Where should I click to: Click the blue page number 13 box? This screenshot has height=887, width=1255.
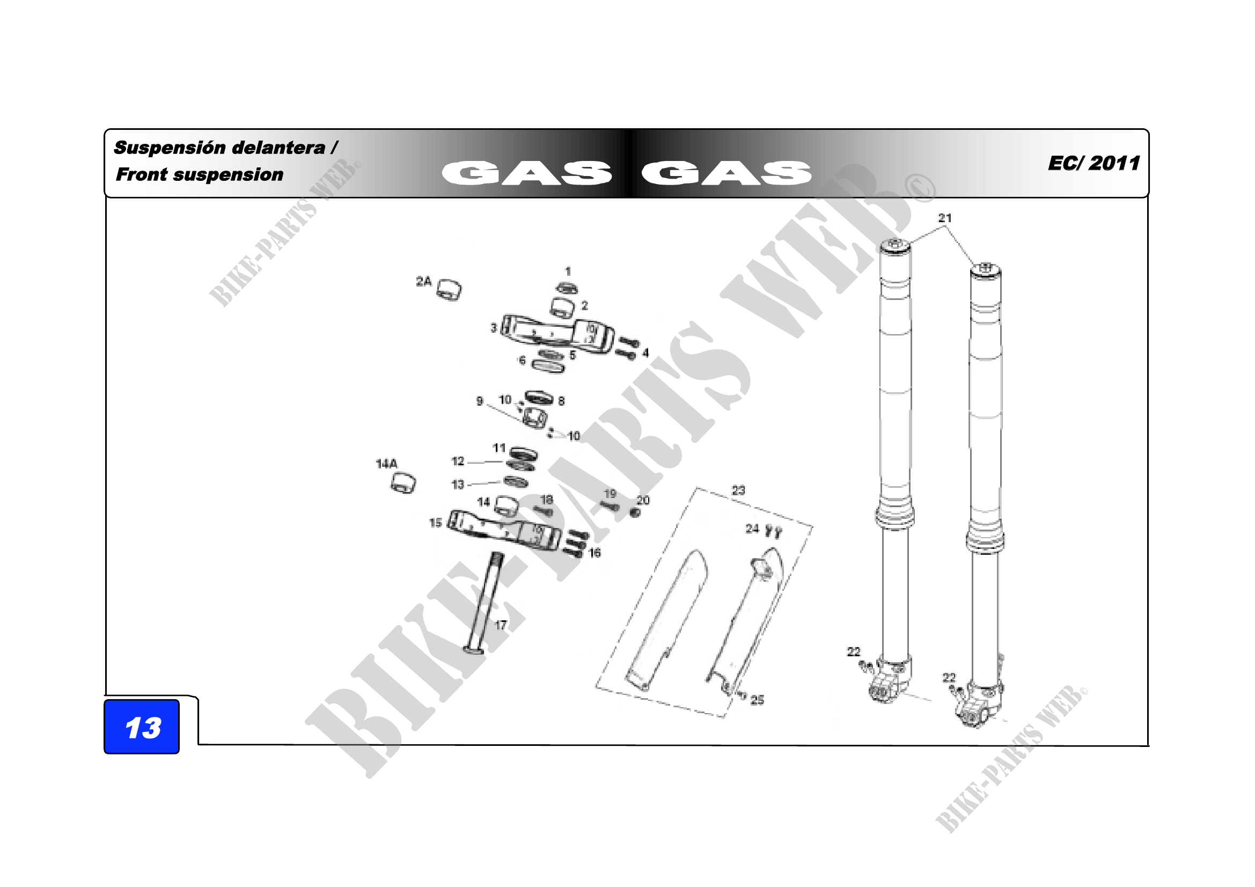click(x=142, y=727)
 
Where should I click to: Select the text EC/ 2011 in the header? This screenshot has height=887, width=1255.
click(x=1093, y=163)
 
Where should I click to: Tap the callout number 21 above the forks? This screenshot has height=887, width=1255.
click(x=945, y=218)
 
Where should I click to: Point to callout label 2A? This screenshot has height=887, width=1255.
click(x=424, y=282)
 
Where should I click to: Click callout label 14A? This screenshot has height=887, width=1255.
click(x=386, y=464)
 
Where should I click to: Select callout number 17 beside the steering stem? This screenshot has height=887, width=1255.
click(x=501, y=625)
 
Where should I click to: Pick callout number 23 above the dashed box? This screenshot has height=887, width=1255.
click(x=738, y=490)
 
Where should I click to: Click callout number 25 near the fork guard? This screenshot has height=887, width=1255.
click(x=757, y=700)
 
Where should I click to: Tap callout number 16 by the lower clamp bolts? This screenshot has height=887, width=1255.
click(x=595, y=553)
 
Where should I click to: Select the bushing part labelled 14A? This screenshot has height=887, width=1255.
click(x=403, y=483)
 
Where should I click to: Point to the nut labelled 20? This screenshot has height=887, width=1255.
click(x=635, y=512)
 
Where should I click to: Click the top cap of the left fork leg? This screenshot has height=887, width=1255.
click(x=896, y=247)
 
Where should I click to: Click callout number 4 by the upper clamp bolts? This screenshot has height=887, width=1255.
click(x=645, y=353)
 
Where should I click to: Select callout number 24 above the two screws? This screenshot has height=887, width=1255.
click(x=753, y=529)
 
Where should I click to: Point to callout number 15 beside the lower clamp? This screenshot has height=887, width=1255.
click(x=436, y=523)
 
